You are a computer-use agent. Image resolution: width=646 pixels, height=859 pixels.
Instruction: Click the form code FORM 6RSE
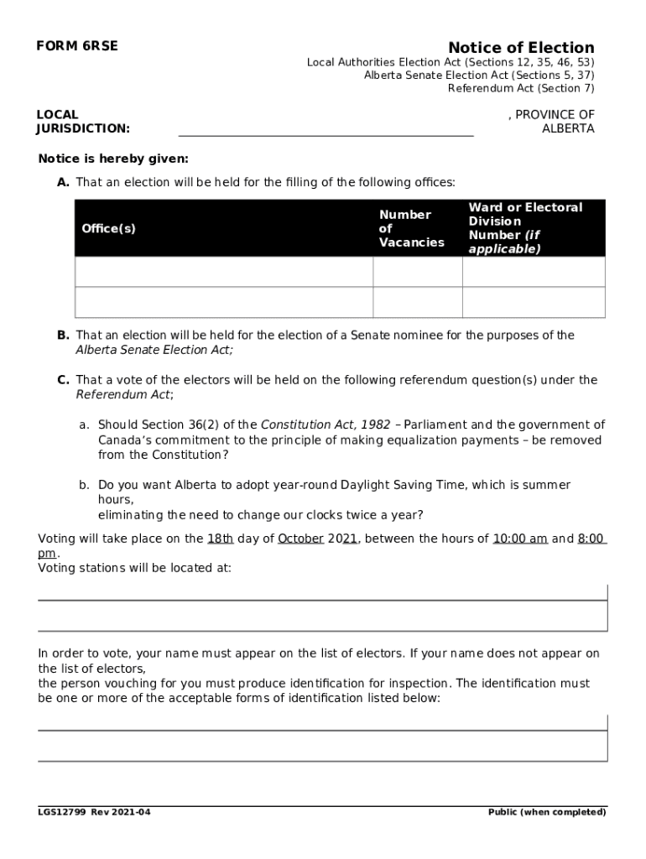point(76,47)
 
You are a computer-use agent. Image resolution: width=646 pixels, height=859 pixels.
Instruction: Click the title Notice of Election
point(520,47)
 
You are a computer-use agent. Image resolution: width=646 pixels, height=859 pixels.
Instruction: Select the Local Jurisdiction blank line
point(326,128)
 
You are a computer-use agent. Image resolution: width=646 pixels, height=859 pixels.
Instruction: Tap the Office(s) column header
point(108,228)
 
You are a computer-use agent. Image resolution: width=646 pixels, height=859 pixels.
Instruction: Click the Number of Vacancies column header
point(411,228)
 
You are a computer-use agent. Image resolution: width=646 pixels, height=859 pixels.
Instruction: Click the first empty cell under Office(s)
point(223,272)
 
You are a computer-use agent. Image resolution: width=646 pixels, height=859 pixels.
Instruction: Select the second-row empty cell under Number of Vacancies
point(417,303)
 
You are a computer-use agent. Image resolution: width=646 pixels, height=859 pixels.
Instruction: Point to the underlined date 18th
point(220,539)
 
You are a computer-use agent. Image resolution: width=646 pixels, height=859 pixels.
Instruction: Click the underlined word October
point(300,539)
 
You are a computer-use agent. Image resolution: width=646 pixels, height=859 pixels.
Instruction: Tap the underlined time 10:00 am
point(520,539)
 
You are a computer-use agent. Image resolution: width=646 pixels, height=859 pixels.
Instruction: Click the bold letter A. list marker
point(64,182)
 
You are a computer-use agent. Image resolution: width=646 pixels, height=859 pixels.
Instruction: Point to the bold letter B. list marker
point(64,336)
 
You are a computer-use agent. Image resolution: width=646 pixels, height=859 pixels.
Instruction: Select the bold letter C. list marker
point(64,380)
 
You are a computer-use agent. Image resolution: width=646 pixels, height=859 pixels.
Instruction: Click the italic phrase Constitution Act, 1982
point(326,424)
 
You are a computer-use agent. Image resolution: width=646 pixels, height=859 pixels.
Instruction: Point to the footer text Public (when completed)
point(547,812)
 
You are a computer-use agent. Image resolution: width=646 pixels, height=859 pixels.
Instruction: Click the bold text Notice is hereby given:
point(113,159)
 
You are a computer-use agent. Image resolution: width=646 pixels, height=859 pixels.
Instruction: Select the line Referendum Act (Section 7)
point(520,88)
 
